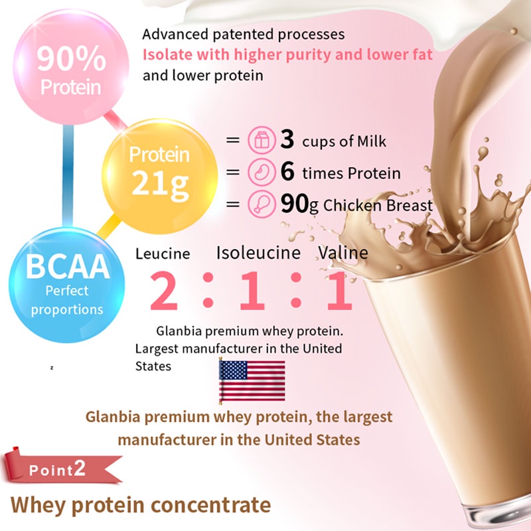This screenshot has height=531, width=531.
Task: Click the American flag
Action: coord(252,381)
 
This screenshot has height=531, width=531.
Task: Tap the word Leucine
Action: coord(163,254)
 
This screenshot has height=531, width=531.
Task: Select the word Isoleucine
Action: coord(258,253)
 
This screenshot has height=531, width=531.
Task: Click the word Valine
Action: coord(342,253)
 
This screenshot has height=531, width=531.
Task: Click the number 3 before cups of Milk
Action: coord(287,140)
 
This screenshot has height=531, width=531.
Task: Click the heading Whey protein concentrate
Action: coord(141,504)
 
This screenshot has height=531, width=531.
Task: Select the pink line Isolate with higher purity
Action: coord(287,54)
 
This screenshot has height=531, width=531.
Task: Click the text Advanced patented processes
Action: coord(244,33)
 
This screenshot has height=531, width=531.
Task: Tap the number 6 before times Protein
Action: coord(287,173)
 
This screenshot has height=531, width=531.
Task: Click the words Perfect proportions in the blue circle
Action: coord(66,300)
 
